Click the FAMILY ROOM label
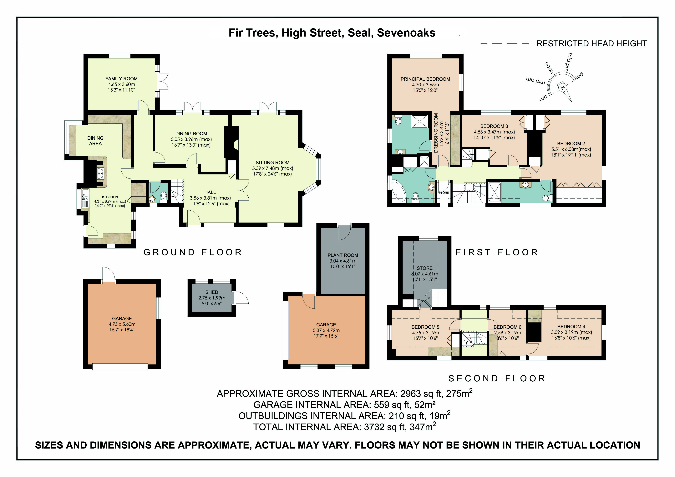tap(121, 79)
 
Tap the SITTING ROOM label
tap(272, 163)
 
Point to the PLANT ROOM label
tap(343, 255)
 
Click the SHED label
tap(212, 292)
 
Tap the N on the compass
tap(563, 87)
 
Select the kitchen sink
tap(85, 198)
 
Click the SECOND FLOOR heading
tap(497, 378)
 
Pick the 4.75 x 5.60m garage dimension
tap(122, 324)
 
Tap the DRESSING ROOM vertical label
tap(436, 133)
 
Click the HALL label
tap(210, 192)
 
